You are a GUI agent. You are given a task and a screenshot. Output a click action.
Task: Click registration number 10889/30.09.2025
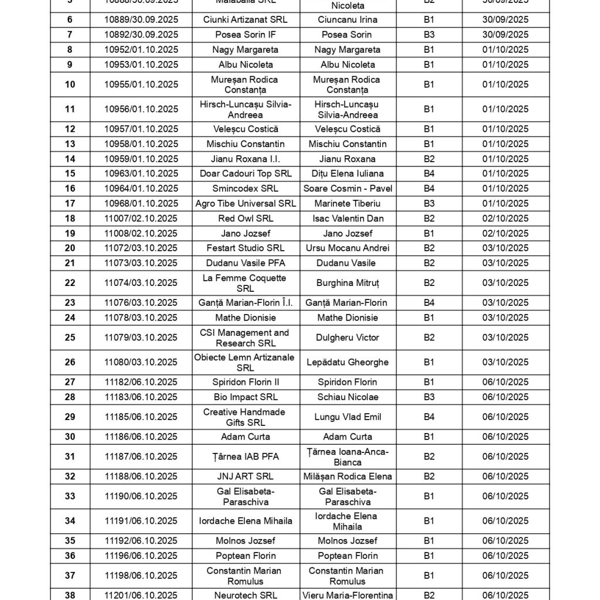pyautogui.click(x=141, y=20)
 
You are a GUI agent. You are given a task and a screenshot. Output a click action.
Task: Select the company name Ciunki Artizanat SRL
pyautogui.click(x=246, y=20)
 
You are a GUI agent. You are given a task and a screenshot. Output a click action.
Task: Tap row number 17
pyautogui.click(x=70, y=203)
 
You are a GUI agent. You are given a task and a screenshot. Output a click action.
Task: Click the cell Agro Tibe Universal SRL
pyautogui.click(x=246, y=203)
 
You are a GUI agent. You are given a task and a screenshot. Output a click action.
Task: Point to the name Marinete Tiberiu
pyautogui.click(x=347, y=203)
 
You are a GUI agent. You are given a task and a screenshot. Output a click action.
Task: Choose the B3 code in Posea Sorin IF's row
pyautogui.click(x=429, y=35)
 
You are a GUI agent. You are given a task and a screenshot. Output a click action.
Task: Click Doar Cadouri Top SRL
pyautogui.click(x=246, y=173)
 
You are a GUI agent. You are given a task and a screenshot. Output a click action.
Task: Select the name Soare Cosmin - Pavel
pyautogui.click(x=347, y=189)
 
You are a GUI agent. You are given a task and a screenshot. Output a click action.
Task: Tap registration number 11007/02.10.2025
pyautogui.click(x=141, y=219)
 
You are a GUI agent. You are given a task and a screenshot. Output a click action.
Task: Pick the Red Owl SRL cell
pyautogui.click(x=246, y=219)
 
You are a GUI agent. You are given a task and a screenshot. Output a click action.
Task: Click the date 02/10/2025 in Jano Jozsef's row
pyautogui.click(x=505, y=233)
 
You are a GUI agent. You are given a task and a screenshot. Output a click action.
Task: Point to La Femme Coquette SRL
pyautogui.click(x=245, y=283)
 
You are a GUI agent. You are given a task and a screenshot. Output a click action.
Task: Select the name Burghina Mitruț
pyautogui.click(x=347, y=283)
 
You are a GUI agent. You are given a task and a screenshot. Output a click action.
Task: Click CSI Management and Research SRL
pyautogui.click(x=245, y=337)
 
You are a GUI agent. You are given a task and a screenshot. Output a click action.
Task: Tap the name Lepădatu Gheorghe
pyautogui.click(x=347, y=362)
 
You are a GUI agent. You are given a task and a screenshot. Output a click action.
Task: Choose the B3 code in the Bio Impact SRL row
pyautogui.click(x=429, y=397)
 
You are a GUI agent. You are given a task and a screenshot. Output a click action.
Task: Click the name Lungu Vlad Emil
pyautogui.click(x=347, y=417)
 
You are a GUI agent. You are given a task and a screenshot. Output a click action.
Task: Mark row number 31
pyautogui.click(x=70, y=456)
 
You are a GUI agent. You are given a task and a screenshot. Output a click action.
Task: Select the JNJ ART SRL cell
pyautogui.click(x=246, y=476)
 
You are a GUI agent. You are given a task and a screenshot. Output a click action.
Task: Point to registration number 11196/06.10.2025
pyautogui.click(x=141, y=555)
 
